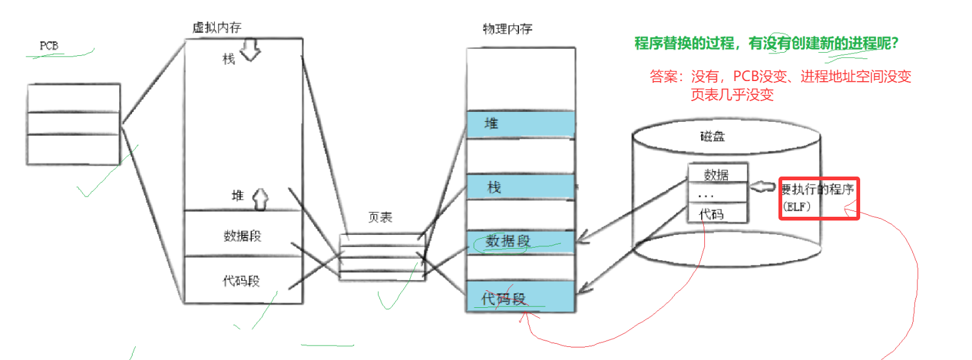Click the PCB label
(x=49, y=46)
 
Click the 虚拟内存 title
(x=217, y=28)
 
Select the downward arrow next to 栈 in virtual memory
(x=250, y=51)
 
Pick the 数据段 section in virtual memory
(x=243, y=236)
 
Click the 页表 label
(x=380, y=217)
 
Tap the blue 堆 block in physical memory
(x=520, y=124)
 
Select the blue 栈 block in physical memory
(x=520, y=187)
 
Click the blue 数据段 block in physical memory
(x=520, y=241)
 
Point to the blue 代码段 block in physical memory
(x=520, y=297)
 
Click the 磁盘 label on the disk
(x=712, y=136)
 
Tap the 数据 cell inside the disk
(x=718, y=174)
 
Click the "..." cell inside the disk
(x=717, y=194)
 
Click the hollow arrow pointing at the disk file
(x=763, y=187)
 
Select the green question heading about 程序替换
(x=765, y=44)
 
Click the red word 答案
(x=666, y=77)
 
